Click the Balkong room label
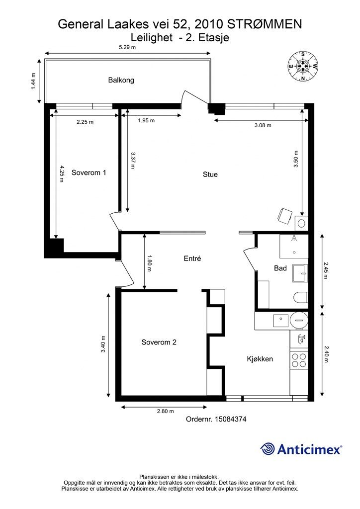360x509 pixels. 121,80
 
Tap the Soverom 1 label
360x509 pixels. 89,172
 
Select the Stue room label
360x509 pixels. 210,174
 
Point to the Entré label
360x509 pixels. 192,258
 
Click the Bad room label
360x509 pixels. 280,268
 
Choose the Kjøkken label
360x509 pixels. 260,359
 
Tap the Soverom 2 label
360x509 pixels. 159,342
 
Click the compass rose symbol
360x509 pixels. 303,66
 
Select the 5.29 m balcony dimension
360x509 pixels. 127,47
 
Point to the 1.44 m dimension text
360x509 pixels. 33,82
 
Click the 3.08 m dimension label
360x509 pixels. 263,125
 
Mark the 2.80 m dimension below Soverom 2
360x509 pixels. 165,411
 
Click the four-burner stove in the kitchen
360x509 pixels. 299,360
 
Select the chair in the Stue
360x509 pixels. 285,216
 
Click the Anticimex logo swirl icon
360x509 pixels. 268,449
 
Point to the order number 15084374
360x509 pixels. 230,419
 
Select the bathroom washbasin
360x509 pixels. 300,273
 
